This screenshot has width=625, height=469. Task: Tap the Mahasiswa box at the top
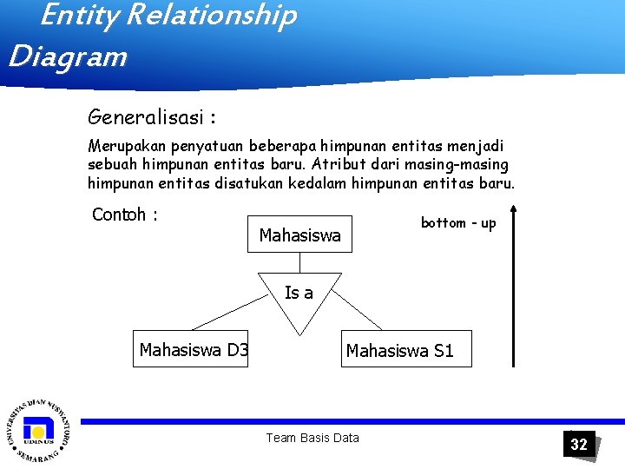[299, 234]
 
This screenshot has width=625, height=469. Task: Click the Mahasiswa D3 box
[190, 349]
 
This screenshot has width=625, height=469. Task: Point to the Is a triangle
[299, 300]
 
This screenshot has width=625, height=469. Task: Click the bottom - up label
[458, 223]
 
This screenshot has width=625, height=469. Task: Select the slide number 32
[579, 445]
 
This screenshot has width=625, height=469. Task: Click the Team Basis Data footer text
[312, 438]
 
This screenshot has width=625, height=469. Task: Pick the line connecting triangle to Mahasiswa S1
[359, 309]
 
